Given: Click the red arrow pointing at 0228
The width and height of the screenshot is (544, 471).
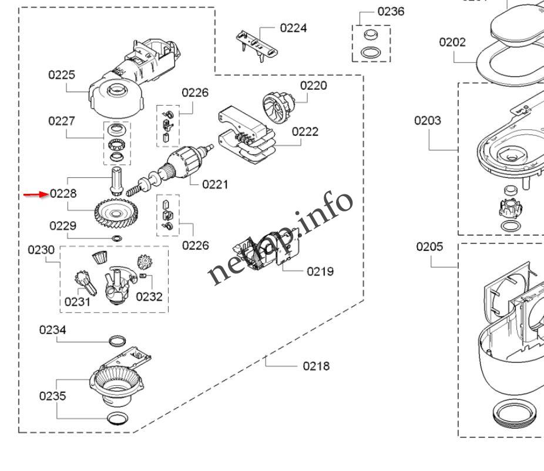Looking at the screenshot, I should coord(35,194).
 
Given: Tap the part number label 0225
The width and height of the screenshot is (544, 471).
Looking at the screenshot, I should coord(62,75).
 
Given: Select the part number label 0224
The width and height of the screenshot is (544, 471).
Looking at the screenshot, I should coord(293,28).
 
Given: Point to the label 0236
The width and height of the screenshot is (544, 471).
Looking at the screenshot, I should coord(391,11).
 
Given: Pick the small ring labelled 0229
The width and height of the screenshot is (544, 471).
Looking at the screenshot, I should coord(117,238).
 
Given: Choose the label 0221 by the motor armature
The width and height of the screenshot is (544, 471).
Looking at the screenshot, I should coord(215,184).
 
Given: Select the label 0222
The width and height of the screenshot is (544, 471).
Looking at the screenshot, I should coord(305,131).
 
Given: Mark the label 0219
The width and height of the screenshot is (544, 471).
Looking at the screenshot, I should coord(320,271).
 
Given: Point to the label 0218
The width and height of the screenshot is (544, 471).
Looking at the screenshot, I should coord(316,366).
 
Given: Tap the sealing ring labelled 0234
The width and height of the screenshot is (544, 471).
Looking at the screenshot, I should coord(117,341).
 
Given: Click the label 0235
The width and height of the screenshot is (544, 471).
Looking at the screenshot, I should coord(53,396).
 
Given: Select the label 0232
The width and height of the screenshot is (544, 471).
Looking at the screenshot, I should coord(149,297).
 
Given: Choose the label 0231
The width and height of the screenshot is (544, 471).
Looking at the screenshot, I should coord(78,302).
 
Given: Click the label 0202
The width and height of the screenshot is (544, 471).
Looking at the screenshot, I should coord(452,42).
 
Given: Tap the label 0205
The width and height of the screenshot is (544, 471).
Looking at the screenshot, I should coord(429,246).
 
